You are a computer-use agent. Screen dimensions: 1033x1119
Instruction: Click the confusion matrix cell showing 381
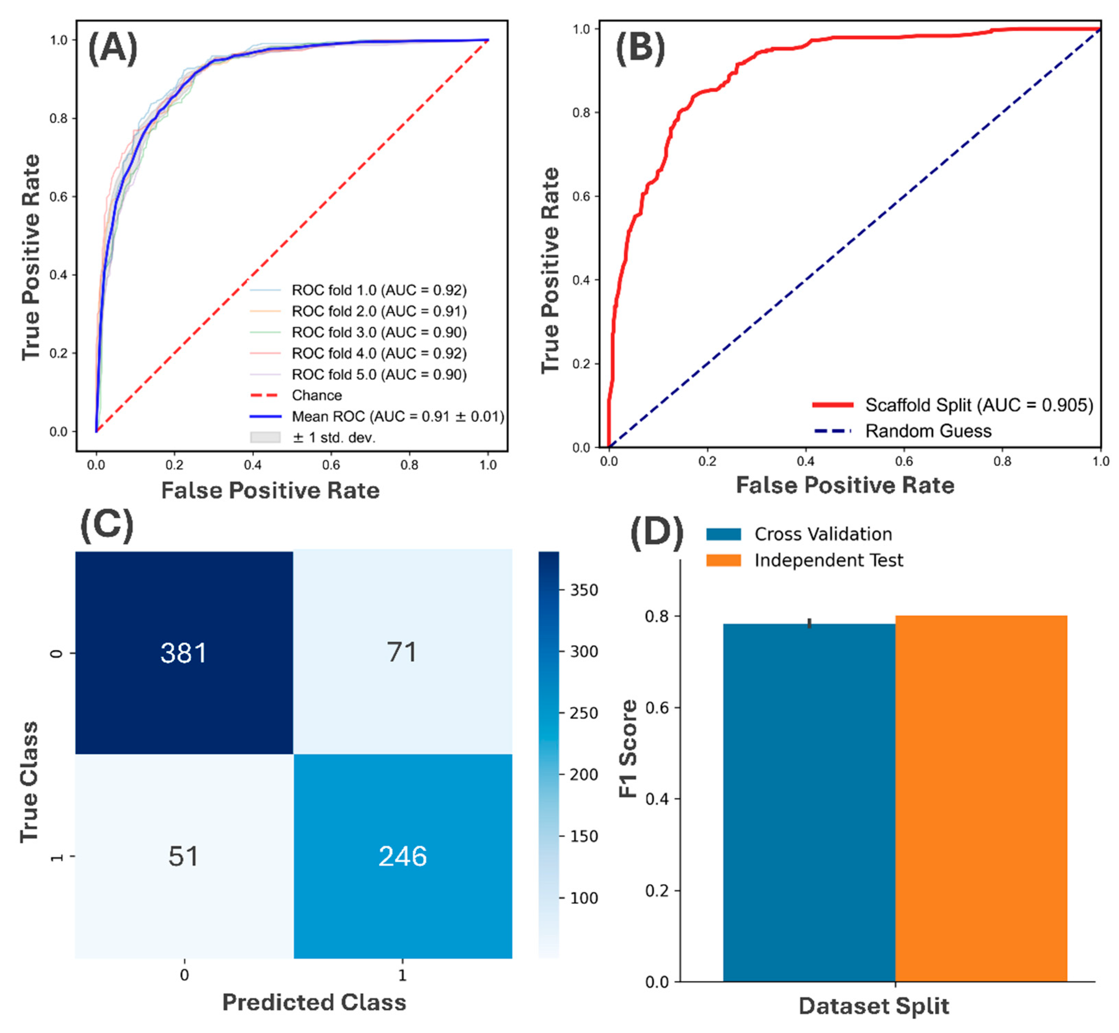pyautogui.click(x=184, y=652)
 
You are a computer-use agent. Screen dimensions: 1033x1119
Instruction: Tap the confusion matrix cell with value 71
pyautogui.click(x=402, y=652)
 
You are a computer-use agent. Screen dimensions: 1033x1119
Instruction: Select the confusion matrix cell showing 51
pyautogui.click(x=184, y=856)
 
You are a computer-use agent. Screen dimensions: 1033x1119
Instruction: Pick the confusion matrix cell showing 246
pyautogui.click(x=402, y=856)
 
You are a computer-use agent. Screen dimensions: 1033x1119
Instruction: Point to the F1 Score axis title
pyautogui.click(x=628, y=749)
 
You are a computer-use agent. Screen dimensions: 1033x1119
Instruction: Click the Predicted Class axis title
pyautogui.click(x=314, y=1002)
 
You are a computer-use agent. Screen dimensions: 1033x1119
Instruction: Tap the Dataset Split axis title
pyautogui.click(x=873, y=1006)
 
